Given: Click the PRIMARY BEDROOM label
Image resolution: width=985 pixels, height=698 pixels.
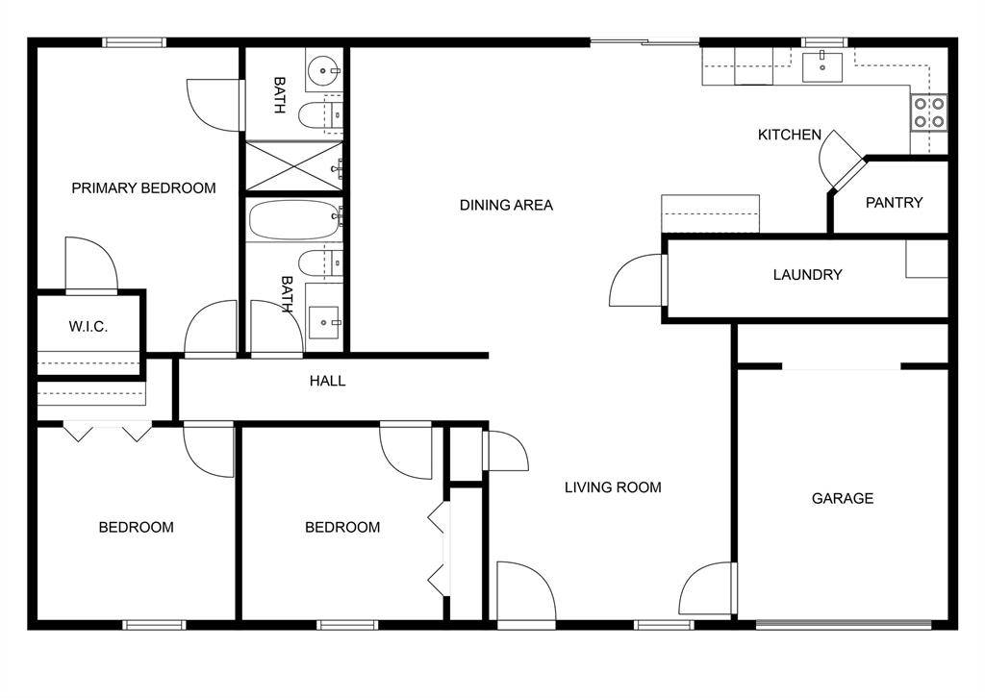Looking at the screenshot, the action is [143, 187].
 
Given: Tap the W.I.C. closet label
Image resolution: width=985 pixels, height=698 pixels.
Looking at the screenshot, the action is [88, 326].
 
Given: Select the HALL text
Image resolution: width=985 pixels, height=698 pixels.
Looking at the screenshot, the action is [327, 381].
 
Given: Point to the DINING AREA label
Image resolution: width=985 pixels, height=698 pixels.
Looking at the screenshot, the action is [506, 205].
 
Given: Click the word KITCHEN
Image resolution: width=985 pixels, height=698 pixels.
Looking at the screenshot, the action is [790, 135].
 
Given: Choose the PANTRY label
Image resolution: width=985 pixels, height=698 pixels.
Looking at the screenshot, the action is [894, 202].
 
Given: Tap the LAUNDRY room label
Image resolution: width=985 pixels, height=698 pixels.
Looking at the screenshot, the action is [807, 274].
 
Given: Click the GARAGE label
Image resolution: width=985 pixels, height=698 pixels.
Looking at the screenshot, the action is [843, 498].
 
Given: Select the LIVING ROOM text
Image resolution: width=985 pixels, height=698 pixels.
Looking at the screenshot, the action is [613, 487].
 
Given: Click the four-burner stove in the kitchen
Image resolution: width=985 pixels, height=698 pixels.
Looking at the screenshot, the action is [929, 112].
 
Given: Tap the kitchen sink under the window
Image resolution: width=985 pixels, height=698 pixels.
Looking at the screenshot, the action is [822, 66].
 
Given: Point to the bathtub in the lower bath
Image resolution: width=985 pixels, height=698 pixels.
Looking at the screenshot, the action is [294, 220].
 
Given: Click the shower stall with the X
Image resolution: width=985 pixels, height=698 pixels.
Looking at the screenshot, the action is [294, 165].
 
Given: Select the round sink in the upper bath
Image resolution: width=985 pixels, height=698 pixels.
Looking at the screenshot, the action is [324, 69].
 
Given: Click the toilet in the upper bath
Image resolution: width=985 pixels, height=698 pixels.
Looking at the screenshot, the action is [320, 114].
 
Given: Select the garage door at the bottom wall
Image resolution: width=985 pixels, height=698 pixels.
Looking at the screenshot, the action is [843, 625].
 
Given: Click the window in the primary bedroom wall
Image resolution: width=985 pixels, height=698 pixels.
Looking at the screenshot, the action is [135, 42].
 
